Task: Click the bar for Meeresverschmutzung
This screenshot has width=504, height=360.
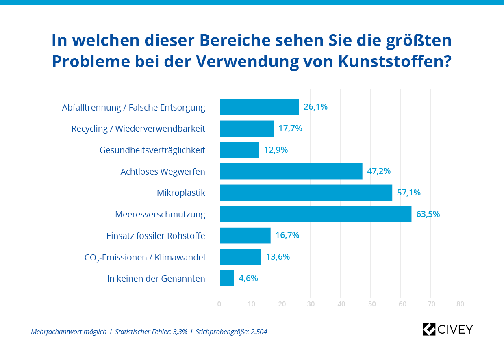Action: click(x=316, y=214)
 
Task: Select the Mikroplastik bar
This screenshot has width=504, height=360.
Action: click(x=306, y=193)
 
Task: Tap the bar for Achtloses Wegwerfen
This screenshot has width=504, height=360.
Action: click(x=291, y=171)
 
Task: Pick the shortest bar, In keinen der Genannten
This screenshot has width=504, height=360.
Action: click(x=227, y=278)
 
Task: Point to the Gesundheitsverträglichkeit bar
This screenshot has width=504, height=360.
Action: click(x=239, y=150)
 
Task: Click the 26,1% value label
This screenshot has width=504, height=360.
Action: click(x=315, y=107)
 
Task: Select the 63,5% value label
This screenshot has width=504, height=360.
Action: click(x=428, y=214)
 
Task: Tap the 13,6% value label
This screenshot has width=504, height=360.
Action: click(x=278, y=257)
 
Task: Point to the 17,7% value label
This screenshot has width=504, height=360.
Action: click(x=290, y=128)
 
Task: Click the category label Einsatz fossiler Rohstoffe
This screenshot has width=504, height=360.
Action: click(x=156, y=236)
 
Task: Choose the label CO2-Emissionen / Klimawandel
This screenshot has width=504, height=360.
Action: click(x=145, y=258)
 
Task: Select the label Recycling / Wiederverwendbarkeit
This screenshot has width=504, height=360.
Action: click(x=138, y=129)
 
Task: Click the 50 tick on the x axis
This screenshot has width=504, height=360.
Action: click(x=371, y=304)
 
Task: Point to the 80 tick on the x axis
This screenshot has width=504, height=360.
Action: click(x=460, y=304)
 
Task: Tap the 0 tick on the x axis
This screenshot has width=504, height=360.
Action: click(x=219, y=304)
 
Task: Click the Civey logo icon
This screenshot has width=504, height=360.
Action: click(x=429, y=330)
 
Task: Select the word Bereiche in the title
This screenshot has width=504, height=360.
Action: click(x=235, y=40)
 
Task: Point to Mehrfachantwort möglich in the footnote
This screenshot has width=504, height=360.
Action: click(x=69, y=332)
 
